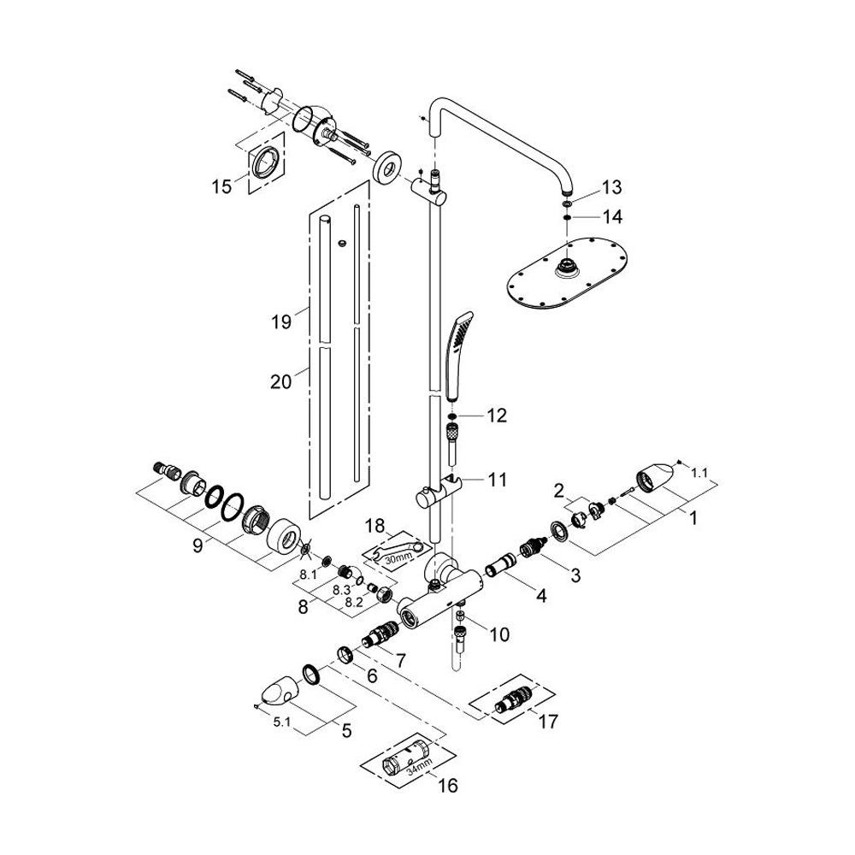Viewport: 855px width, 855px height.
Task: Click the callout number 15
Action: pos(222,186)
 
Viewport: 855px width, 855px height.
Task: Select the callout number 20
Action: pos(280,382)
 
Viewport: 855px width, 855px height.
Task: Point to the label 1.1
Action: pos(700,471)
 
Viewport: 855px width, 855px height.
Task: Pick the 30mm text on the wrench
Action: pos(397,557)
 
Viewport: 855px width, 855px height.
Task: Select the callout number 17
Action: pos(547,722)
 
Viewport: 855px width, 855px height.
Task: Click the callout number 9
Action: pos(198,545)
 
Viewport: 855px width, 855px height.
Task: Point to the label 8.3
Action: pos(342,590)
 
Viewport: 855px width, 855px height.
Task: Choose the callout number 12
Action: pos(497,416)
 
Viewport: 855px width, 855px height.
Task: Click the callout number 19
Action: pos(280,321)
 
